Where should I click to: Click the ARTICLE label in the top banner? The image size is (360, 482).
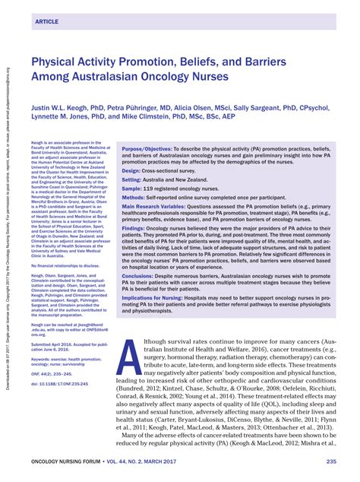point(47,22)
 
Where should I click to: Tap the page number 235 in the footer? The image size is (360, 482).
point(332,461)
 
